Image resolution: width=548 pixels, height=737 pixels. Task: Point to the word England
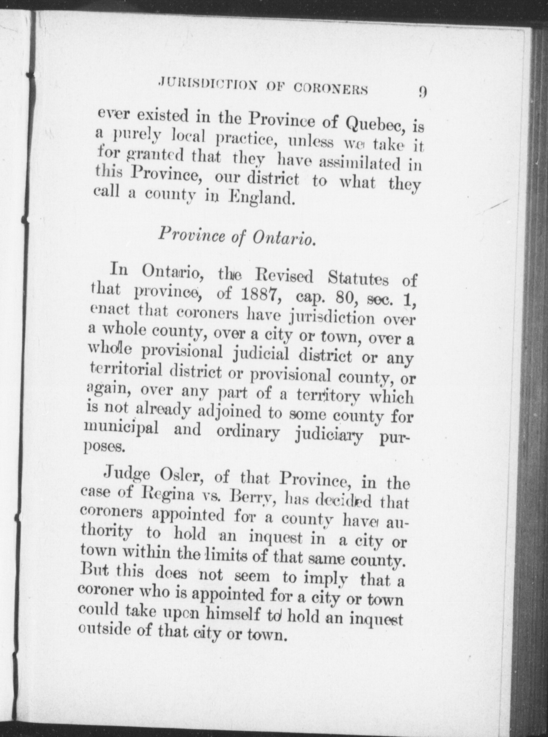(x=261, y=199)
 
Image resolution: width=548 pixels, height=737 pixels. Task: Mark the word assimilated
(x=361, y=164)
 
